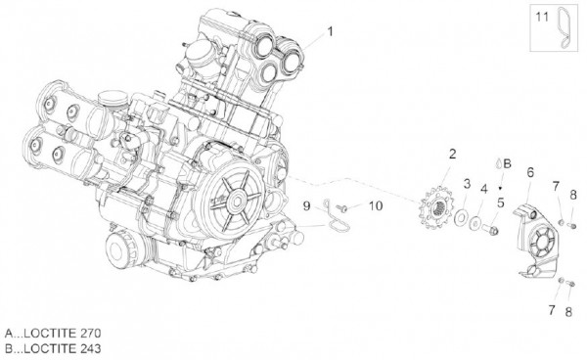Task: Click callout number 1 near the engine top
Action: pos(330,31)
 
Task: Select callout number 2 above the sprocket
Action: pos(452,154)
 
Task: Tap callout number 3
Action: pos(468,183)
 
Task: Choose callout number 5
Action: pos(499,203)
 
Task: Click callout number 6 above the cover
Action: pos(529,172)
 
